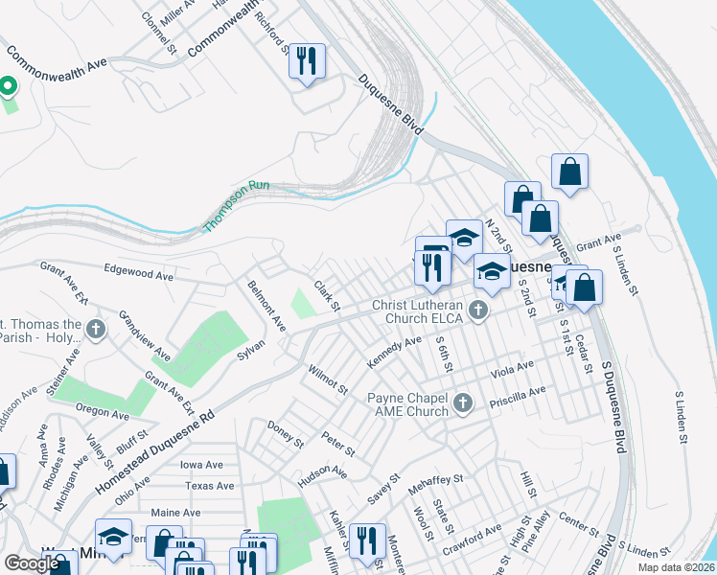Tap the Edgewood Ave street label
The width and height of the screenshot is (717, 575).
tap(138, 273)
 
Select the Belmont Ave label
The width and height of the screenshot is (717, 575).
tap(266, 305)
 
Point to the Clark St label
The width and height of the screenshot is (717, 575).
tap(327, 295)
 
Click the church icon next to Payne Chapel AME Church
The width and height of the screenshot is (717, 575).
tap(463, 403)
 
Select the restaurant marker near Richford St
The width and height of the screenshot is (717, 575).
tap(307, 61)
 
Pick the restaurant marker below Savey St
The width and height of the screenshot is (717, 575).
tap(366, 540)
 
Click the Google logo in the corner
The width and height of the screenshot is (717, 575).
tap(32, 563)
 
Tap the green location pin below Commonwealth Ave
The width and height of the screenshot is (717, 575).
tap(9, 87)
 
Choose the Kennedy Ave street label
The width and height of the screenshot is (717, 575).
tap(393, 353)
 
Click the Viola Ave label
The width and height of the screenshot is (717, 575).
tap(511, 369)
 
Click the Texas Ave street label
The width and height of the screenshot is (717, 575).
tap(212, 486)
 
